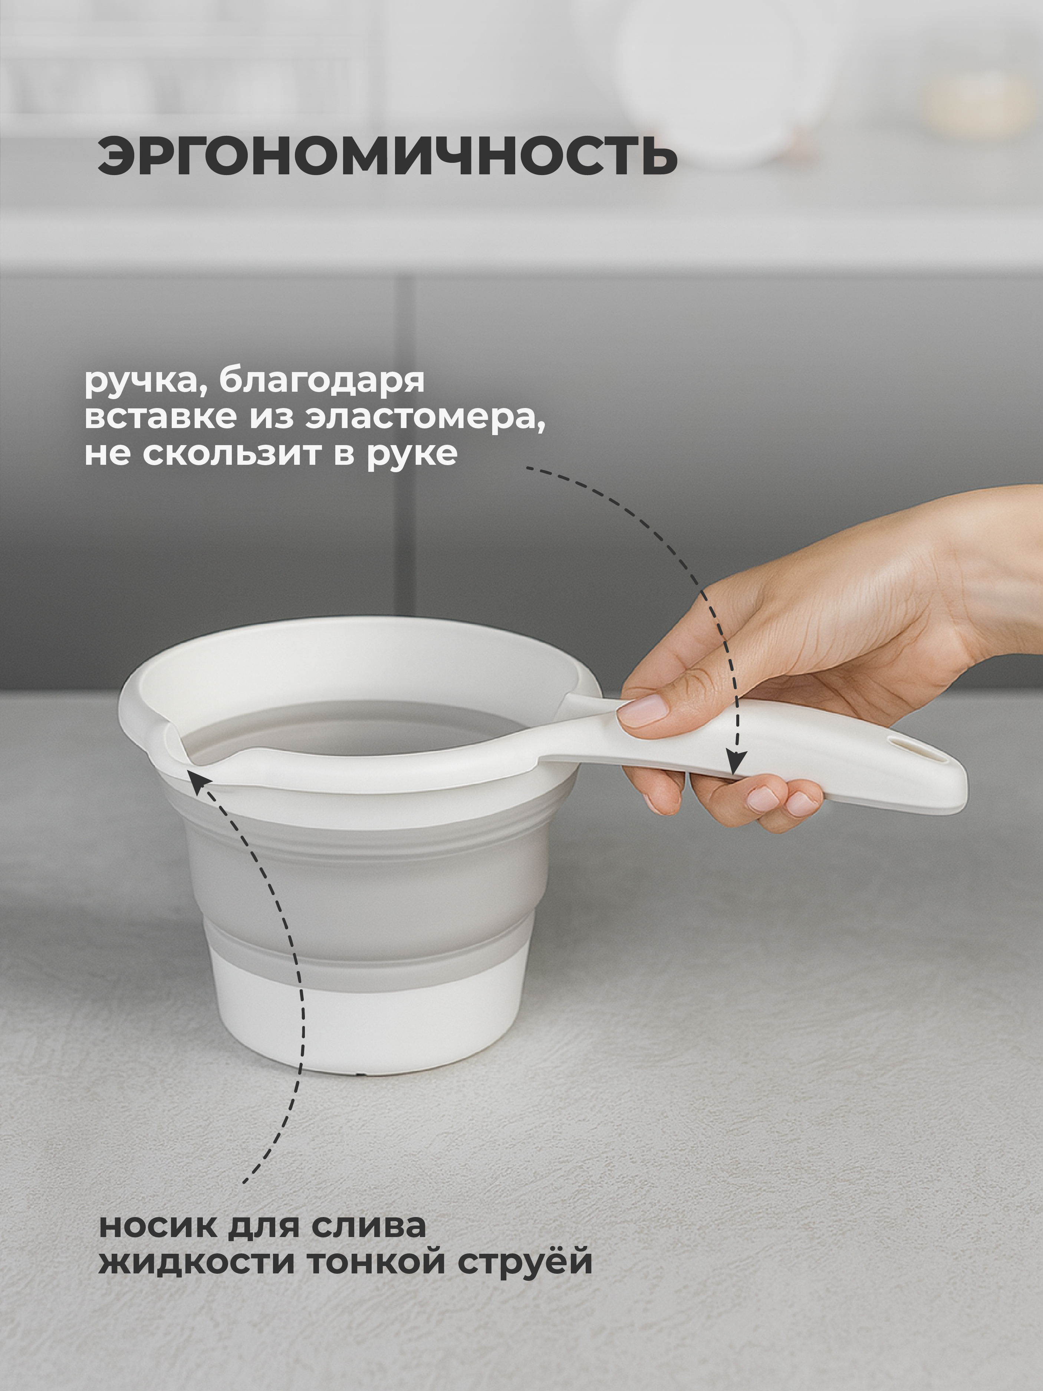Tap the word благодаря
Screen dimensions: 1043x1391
[x=322, y=382]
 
